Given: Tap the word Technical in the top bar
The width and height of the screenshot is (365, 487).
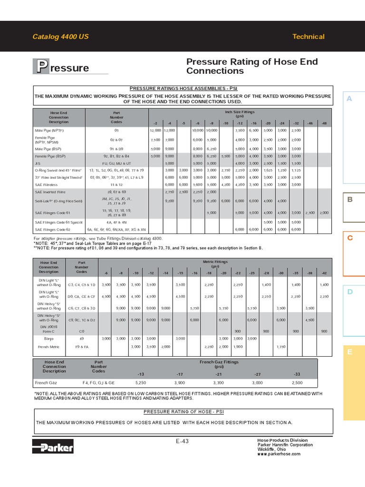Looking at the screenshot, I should (308, 37).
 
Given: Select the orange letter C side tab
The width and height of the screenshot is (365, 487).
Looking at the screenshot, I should (350, 238).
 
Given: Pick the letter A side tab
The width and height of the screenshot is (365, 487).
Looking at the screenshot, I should (350, 98).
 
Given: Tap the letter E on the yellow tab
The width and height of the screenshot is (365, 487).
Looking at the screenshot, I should (350, 352).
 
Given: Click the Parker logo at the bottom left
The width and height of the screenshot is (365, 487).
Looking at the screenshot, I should (53, 447).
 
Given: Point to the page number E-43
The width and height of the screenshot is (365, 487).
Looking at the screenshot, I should (182, 441).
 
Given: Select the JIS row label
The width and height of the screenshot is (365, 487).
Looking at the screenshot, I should (38, 163).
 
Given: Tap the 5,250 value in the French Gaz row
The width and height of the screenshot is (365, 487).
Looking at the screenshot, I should (141, 382).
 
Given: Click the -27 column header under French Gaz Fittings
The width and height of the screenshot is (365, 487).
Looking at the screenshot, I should (257, 373).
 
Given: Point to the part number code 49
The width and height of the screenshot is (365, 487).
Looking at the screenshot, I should (81, 338).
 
